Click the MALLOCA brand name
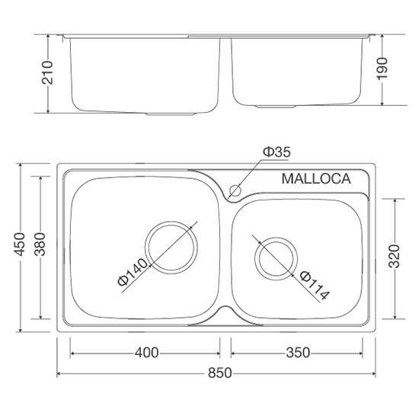[x=315, y=180]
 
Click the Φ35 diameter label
[x=277, y=152]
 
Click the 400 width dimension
[x=146, y=352]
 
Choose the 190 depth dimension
[x=383, y=70]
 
